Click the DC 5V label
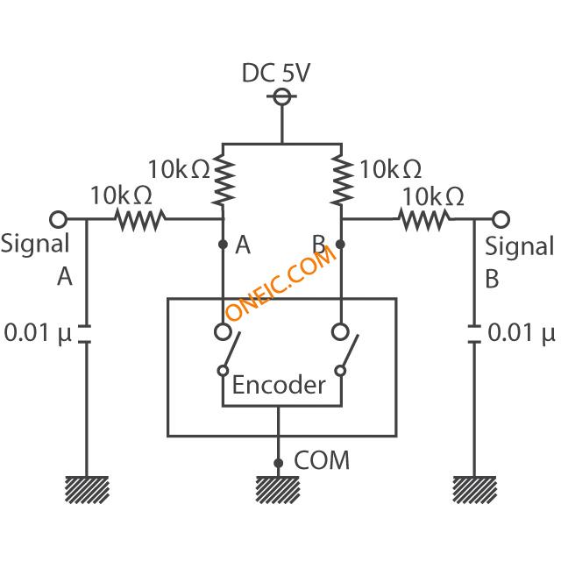276,73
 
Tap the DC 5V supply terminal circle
282,96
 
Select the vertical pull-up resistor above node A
224,179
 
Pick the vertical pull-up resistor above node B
342,179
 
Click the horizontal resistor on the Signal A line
140,219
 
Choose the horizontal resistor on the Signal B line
424,219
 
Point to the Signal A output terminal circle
59,219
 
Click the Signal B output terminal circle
501,219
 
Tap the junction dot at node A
223,245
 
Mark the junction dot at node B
340,245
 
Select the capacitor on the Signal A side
84,334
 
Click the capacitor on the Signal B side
474,334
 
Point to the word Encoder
279,385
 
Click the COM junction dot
279,463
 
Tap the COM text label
322,460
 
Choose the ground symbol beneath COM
278,490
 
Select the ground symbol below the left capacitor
87,490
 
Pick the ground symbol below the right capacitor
474,490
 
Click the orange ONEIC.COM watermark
280,283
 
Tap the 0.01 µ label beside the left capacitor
38,333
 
